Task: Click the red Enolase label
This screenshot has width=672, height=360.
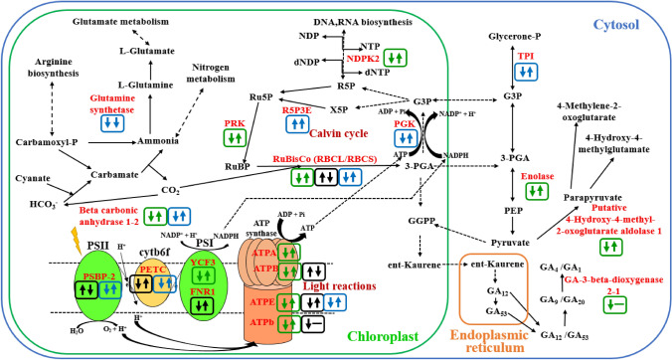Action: point(537,175)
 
